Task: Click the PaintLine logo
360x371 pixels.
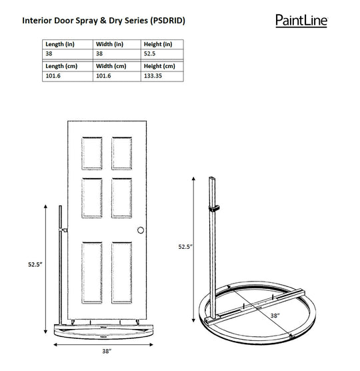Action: point(301,20)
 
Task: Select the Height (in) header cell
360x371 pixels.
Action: point(157,43)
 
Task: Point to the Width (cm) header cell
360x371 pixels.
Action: point(111,67)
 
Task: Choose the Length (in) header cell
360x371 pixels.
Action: point(59,43)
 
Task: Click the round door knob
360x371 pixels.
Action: point(141,230)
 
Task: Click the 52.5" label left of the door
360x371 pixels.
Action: point(37,264)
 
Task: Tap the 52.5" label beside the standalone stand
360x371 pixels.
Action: point(185,246)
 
